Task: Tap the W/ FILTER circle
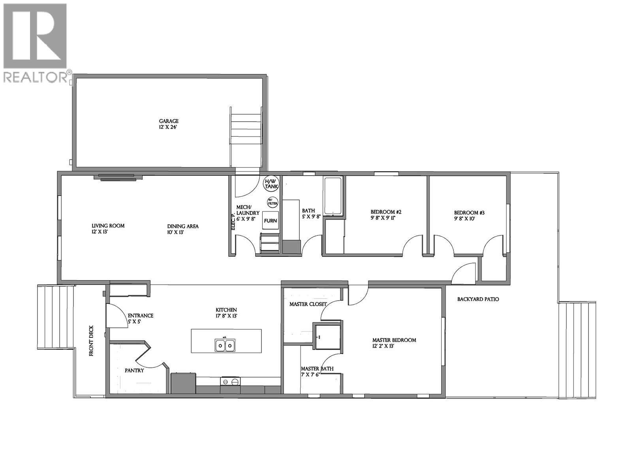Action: (273, 203)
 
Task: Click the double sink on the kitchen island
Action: (225, 345)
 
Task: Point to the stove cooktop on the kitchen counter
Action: (230, 382)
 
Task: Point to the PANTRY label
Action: (134, 371)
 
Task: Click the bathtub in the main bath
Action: (333, 196)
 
